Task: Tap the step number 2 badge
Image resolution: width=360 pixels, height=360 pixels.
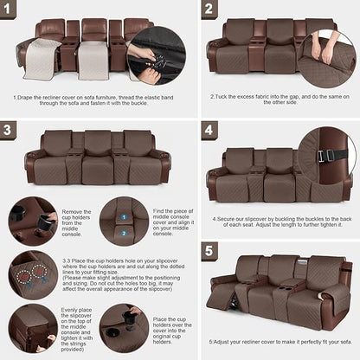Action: (209, 11)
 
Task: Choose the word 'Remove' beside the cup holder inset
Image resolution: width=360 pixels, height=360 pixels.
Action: (73, 211)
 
